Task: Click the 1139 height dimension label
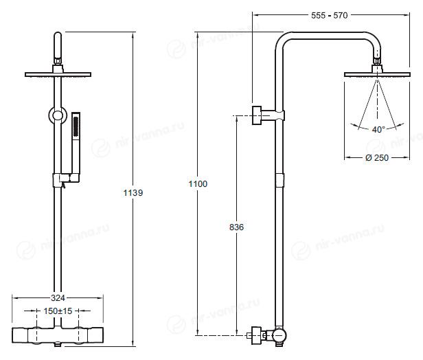[x=133, y=192]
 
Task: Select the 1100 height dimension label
[x=198, y=183]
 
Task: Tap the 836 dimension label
[x=236, y=227]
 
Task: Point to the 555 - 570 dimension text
[x=330, y=15]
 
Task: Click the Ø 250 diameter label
[x=377, y=157]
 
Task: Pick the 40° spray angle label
[x=378, y=130]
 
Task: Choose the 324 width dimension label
[x=58, y=298]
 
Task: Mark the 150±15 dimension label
[x=58, y=311]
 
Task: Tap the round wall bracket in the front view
[x=58, y=115]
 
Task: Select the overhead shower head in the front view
[x=58, y=75]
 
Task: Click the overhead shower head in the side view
[x=377, y=75]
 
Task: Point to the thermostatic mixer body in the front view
[x=58, y=335]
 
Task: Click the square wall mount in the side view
[x=257, y=115]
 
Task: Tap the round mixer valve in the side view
[x=279, y=336]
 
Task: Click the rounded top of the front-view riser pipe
[x=58, y=36]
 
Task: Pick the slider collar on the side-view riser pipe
[x=279, y=181]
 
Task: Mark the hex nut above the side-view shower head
[x=377, y=61]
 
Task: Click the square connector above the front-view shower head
[x=58, y=69]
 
